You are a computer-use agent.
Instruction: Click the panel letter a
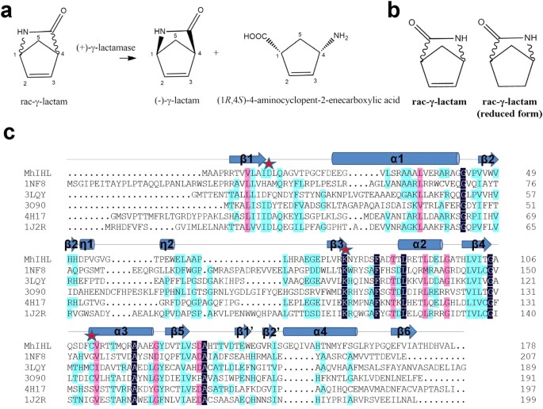click(x=9, y=9)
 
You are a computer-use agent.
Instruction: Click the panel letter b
click(x=392, y=10)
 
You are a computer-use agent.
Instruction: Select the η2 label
click(x=167, y=243)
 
